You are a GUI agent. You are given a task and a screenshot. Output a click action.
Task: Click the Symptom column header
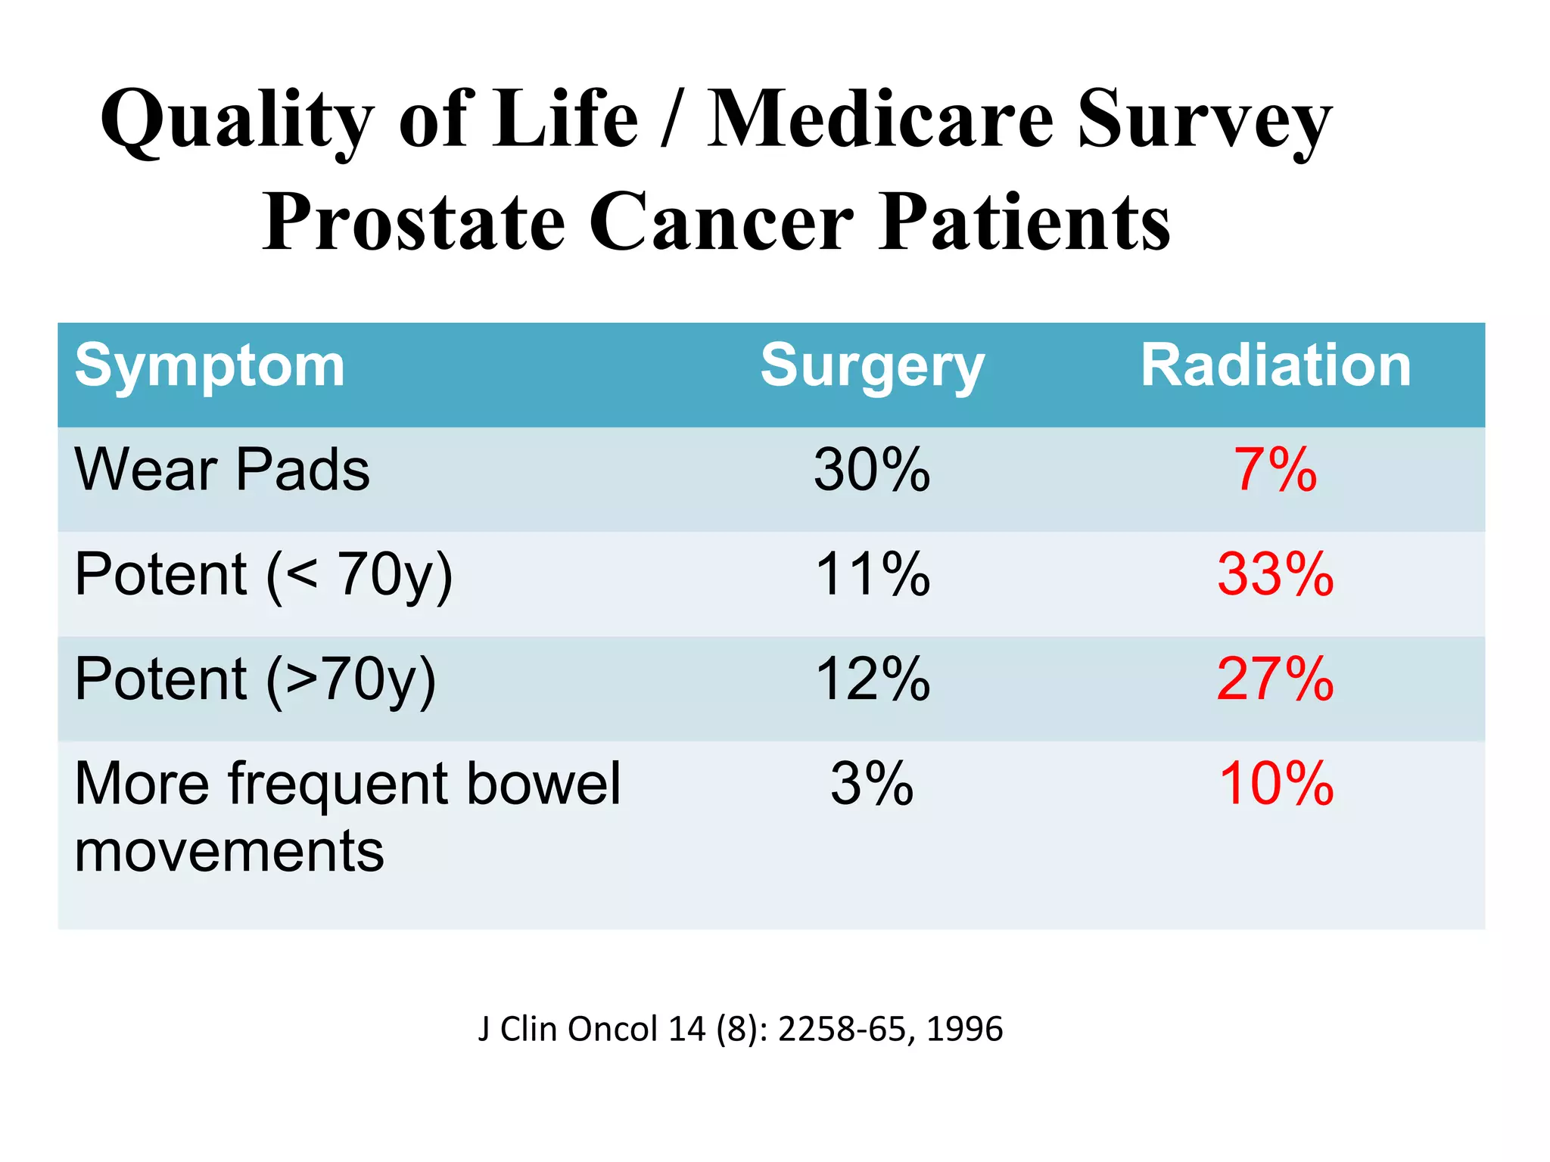pyautogui.click(x=210, y=366)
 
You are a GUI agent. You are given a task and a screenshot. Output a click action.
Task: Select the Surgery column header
pyautogui.click(x=872, y=366)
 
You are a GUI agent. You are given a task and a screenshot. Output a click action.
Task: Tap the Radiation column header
pyautogui.click(x=1275, y=366)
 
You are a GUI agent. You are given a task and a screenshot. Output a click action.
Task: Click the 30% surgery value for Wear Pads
pyautogui.click(x=872, y=470)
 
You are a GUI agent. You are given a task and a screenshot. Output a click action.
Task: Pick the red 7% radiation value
pyautogui.click(x=1275, y=470)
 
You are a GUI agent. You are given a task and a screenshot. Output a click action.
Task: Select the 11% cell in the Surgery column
pyautogui.click(x=872, y=574)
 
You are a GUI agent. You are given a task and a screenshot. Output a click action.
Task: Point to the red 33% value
pyautogui.click(x=1275, y=574)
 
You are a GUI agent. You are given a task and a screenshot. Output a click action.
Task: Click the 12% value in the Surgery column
pyautogui.click(x=872, y=679)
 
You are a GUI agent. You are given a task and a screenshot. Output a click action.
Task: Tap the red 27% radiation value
pyautogui.click(x=1275, y=679)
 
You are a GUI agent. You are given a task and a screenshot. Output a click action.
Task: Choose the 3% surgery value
pyautogui.click(x=872, y=783)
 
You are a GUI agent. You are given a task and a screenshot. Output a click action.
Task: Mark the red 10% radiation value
pyautogui.click(x=1275, y=783)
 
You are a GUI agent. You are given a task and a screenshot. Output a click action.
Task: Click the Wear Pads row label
pyautogui.click(x=222, y=470)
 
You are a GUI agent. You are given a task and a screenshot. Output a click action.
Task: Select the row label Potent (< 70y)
pyautogui.click(x=263, y=576)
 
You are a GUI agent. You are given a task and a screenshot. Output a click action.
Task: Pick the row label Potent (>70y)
pyautogui.click(x=255, y=680)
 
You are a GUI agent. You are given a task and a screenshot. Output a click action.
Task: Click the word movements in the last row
pyautogui.click(x=229, y=851)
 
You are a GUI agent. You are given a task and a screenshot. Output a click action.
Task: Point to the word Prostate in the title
pyautogui.click(x=414, y=222)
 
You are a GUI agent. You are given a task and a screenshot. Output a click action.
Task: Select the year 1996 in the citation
pyautogui.click(x=964, y=1029)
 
